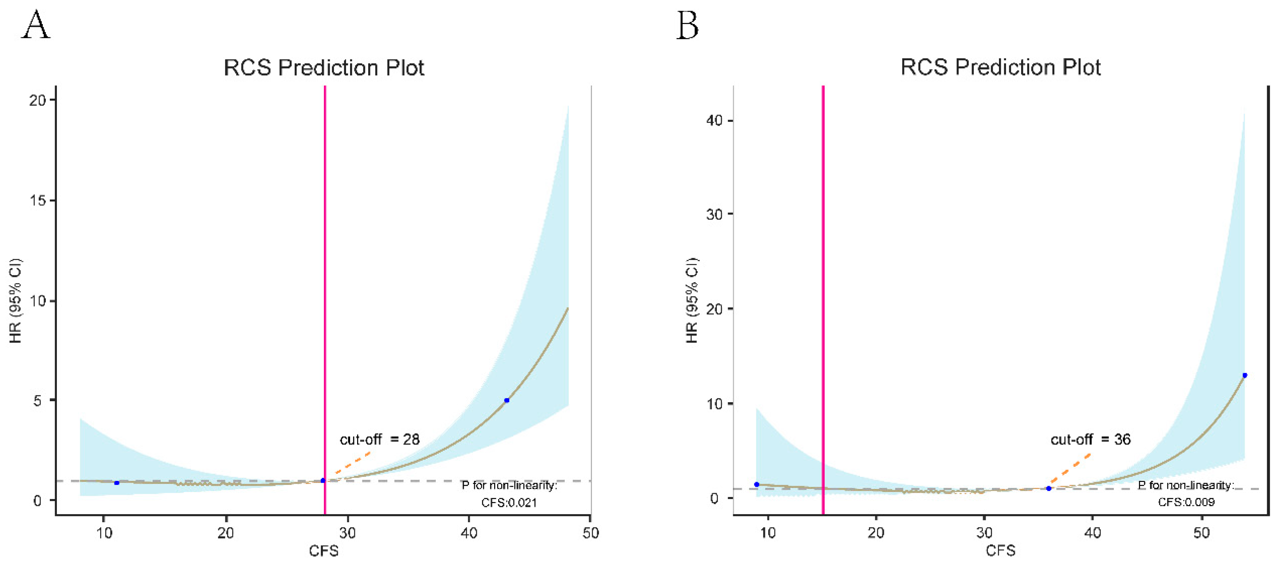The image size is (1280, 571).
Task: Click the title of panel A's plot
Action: point(324,68)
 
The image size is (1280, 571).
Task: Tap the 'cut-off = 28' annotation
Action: point(379,439)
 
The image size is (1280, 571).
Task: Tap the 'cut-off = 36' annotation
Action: point(1090,439)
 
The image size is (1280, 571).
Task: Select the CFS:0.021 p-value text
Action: point(509,502)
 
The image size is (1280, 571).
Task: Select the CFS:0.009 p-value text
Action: point(1186,502)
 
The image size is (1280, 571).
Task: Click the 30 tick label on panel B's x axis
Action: point(984,533)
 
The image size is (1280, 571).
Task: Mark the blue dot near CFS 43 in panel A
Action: point(506,400)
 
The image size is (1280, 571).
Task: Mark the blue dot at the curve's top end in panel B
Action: point(1244,375)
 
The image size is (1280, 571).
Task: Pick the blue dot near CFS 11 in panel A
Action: point(116,482)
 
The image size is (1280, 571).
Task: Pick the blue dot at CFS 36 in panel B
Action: point(1048,489)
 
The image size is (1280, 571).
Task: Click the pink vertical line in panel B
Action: point(823,298)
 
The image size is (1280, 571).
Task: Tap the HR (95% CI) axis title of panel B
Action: point(692,300)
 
